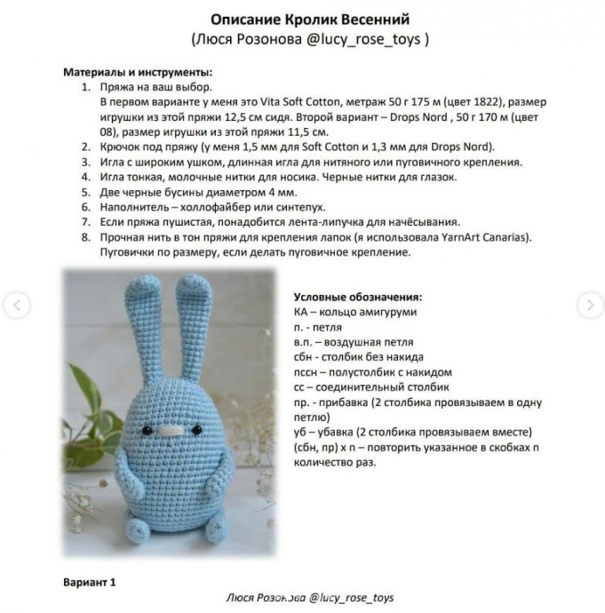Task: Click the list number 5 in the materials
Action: pyautogui.click(x=85, y=192)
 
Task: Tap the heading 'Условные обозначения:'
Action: pyautogui.click(x=357, y=297)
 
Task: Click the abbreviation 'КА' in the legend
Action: pyautogui.click(x=301, y=312)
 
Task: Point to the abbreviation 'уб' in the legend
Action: pyautogui.click(x=299, y=433)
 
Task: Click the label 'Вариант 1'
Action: pyautogui.click(x=90, y=584)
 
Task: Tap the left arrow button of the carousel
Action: pyautogui.click(x=15, y=305)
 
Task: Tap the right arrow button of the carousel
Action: pyautogui.click(x=590, y=305)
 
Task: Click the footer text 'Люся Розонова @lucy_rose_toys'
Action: pyautogui.click(x=310, y=599)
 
